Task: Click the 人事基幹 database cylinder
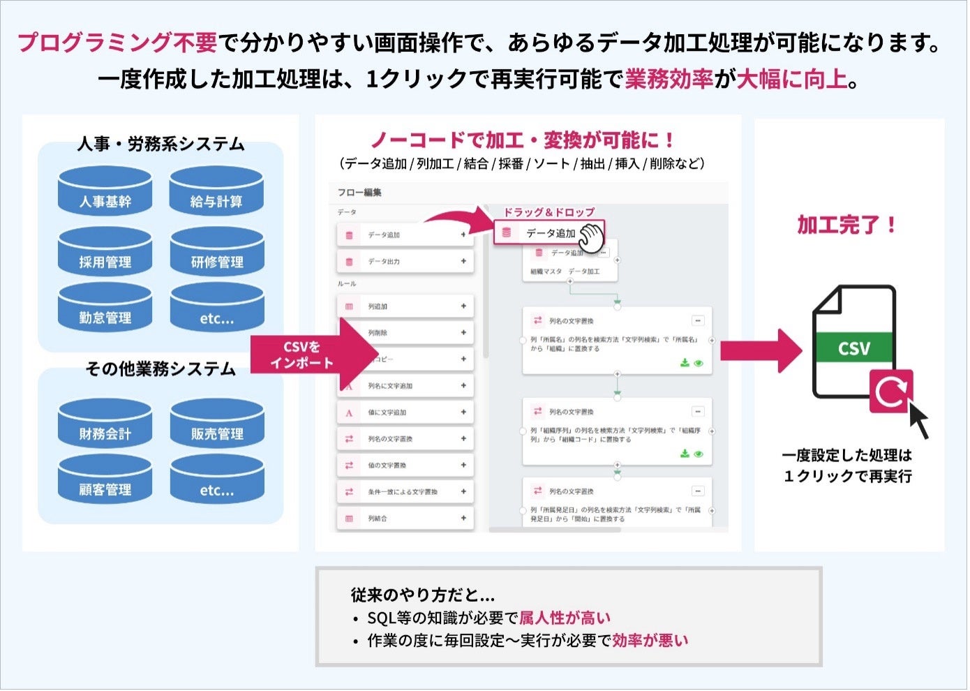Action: click(x=105, y=193)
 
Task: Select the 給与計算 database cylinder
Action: click(x=217, y=193)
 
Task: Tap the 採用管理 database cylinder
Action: click(x=105, y=254)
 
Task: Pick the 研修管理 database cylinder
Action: click(x=217, y=254)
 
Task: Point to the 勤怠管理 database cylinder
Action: click(x=105, y=310)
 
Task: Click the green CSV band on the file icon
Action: click(x=854, y=348)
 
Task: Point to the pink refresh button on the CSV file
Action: click(x=891, y=392)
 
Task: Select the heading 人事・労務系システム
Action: click(x=161, y=144)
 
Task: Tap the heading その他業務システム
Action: click(x=161, y=369)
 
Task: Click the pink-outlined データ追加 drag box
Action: click(x=549, y=233)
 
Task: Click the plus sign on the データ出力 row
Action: click(x=463, y=262)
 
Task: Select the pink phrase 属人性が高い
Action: click(x=565, y=618)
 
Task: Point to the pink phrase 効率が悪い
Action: click(x=650, y=641)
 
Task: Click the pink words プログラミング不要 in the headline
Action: click(x=118, y=43)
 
